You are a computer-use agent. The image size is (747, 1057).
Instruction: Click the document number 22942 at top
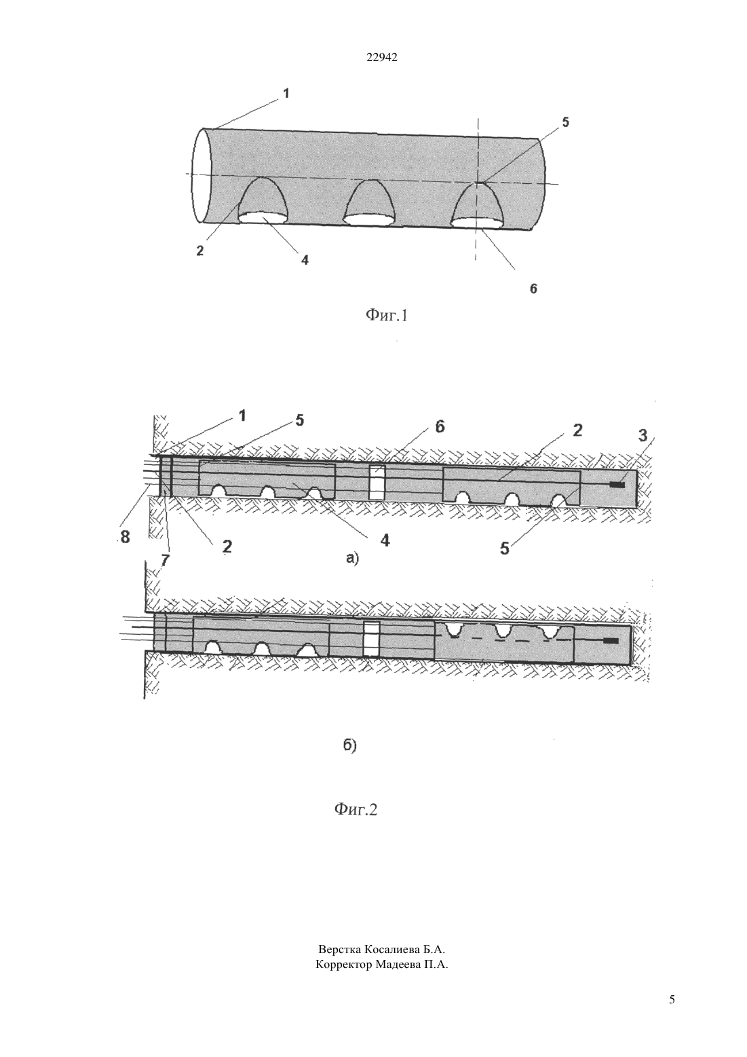[382, 57]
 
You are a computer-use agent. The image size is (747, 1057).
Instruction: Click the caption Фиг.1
[386, 315]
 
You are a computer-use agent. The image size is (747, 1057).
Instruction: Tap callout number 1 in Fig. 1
[286, 93]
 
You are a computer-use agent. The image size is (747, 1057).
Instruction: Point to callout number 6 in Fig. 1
[533, 289]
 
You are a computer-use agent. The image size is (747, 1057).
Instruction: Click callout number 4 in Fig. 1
[305, 259]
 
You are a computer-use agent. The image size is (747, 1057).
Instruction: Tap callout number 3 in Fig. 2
[643, 435]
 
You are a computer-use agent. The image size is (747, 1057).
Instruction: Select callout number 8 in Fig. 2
[125, 537]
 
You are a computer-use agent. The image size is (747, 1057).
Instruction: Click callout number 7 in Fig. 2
[165, 560]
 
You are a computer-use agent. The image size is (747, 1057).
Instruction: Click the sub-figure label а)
[353, 559]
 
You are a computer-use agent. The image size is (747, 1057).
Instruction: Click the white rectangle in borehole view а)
[377, 482]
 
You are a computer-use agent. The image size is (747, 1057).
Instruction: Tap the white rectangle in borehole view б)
[372, 638]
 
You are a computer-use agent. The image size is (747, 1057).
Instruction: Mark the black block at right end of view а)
[617, 485]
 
